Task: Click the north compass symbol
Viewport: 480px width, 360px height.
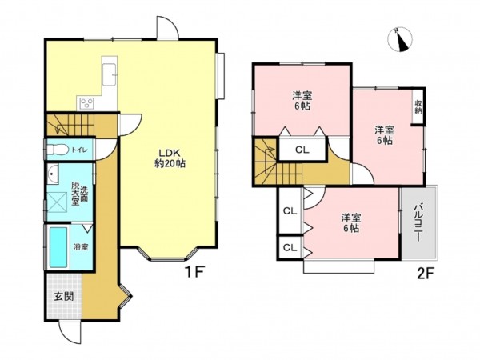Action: pyautogui.click(x=400, y=39)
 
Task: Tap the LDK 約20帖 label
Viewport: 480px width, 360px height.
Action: pyautogui.click(x=170, y=158)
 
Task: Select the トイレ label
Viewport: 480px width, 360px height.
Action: pyautogui.click(x=80, y=150)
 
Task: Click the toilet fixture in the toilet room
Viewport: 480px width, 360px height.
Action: pyautogui.click(x=58, y=150)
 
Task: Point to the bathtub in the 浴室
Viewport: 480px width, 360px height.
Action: pyautogui.click(x=58, y=247)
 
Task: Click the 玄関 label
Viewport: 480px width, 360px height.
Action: pyautogui.click(x=64, y=296)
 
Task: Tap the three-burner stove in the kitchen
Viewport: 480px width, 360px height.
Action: pyautogui.click(x=87, y=103)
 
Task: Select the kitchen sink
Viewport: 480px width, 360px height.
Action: pyautogui.click(x=109, y=74)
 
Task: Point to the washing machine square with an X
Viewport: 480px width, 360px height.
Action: pyautogui.click(x=57, y=202)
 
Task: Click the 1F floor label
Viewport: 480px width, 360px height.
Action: pyautogui.click(x=194, y=272)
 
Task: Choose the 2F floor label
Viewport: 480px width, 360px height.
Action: pyautogui.click(x=426, y=274)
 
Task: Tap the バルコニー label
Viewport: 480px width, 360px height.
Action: pyautogui.click(x=418, y=223)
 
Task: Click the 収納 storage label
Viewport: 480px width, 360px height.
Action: pyautogui.click(x=418, y=107)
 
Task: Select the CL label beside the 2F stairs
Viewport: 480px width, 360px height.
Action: pyautogui.click(x=302, y=150)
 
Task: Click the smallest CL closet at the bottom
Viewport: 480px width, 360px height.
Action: pyautogui.click(x=290, y=247)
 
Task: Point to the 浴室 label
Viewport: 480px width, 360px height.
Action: pyautogui.click(x=81, y=246)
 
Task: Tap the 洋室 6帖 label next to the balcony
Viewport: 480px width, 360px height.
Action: pyautogui.click(x=351, y=223)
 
